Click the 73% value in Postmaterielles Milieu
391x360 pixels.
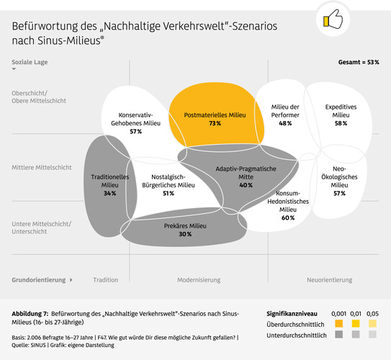(x=215, y=124)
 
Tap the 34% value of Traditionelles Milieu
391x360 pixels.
(x=109, y=194)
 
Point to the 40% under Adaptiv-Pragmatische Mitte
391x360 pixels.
(x=246, y=185)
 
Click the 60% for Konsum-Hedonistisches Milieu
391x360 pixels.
(x=287, y=217)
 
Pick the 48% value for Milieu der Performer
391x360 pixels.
(x=284, y=124)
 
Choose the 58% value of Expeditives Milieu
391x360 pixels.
(x=341, y=124)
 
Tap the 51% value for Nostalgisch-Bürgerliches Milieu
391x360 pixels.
(x=168, y=194)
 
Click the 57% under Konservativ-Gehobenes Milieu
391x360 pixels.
(x=135, y=132)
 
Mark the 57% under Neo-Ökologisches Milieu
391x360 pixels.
(x=338, y=194)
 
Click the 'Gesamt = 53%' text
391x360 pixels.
(x=359, y=63)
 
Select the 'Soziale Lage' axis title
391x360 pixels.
(x=30, y=63)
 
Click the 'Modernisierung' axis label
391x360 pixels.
(x=199, y=279)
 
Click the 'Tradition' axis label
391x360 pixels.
(x=105, y=279)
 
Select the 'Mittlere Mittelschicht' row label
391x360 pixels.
(x=42, y=167)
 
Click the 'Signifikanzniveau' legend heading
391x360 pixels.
(x=292, y=315)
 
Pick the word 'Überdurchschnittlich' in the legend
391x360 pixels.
(x=296, y=325)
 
